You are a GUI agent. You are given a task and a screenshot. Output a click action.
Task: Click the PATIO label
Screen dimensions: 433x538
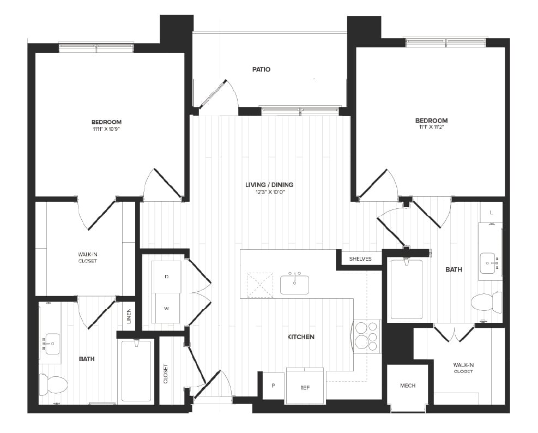tap(261, 69)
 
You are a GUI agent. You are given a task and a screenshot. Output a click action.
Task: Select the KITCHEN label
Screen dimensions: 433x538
tap(301, 337)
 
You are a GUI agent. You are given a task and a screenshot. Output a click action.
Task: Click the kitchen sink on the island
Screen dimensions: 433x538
tap(294, 284)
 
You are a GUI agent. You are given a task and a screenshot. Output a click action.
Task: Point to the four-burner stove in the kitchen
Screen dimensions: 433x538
tap(366, 336)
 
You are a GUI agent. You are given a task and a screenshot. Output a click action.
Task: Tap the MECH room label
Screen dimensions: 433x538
tap(407, 386)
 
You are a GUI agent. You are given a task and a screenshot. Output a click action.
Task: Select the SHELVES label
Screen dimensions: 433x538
tap(360, 259)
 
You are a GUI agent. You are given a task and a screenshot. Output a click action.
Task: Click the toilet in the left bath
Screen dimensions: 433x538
tap(53, 384)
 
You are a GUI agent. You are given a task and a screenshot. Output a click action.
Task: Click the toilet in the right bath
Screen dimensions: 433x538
tap(486, 302)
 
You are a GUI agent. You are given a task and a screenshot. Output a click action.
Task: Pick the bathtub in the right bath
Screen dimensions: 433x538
tap(406, 289)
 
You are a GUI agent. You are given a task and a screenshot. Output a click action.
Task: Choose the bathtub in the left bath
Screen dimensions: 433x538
tap(136, 370)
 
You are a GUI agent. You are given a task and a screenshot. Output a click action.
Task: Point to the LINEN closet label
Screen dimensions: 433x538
tap(129, 317)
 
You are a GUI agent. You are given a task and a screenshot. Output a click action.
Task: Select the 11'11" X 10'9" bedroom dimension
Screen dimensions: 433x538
tap(106, 129)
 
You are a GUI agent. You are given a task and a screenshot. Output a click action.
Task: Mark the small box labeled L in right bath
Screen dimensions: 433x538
tap(491, 212)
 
